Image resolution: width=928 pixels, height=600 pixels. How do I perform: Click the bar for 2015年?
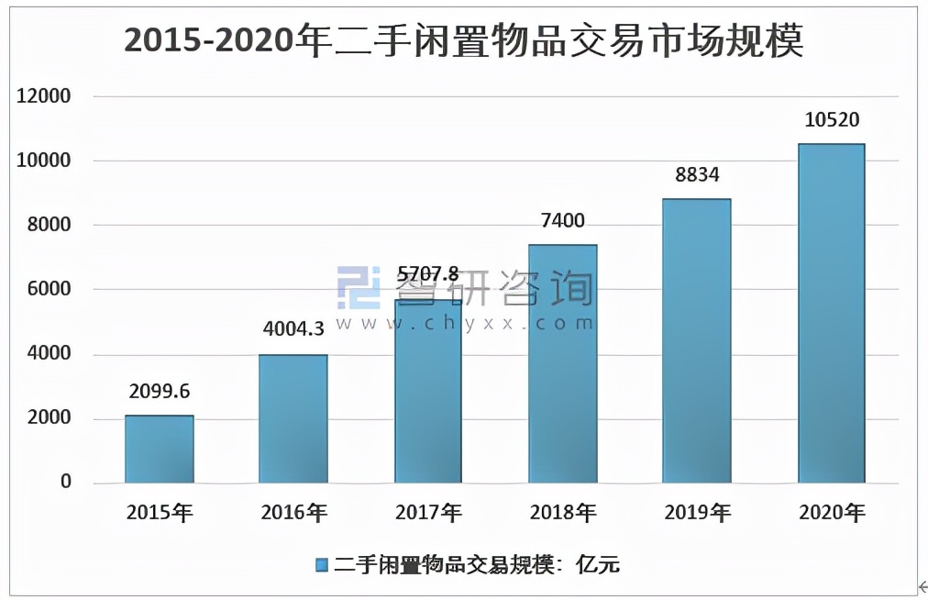[x=160, y=449]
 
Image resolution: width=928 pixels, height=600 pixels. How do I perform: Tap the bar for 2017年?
[x=428, y=394]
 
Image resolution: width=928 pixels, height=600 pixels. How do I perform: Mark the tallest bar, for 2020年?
[x=832, y=313]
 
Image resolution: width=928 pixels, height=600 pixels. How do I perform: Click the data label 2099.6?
[x=160, y=392]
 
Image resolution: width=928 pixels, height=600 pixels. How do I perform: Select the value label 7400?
[x=563, y=220]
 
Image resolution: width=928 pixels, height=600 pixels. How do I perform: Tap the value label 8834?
[x=697, y=174]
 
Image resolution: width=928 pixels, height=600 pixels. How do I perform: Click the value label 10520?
[x=832, y=119]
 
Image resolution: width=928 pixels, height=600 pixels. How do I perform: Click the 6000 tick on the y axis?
[x=46, y=290]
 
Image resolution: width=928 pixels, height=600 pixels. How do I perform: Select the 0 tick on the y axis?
[x=65, y=483]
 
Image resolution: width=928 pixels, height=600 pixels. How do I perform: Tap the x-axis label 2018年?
[x=563, y=513]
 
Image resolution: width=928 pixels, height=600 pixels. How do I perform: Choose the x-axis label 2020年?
[x=832, y=513]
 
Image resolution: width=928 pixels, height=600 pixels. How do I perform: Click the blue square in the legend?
[x=321, y=564]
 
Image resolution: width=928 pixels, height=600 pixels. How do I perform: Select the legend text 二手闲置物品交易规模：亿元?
[x=477, y=564]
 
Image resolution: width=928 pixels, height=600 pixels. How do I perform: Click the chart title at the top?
[x=463, y=41]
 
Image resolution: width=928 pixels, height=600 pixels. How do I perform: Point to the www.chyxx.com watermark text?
[x=465, y=323]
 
